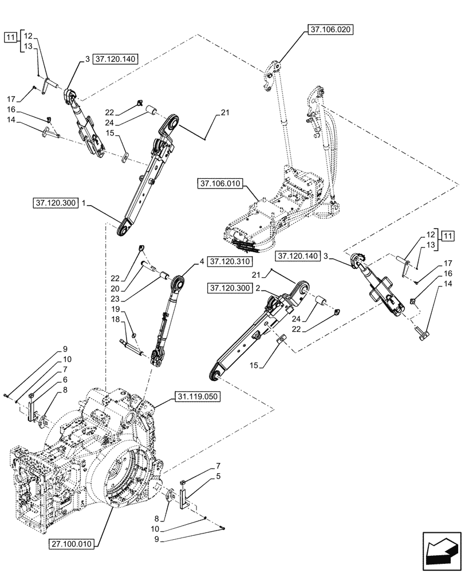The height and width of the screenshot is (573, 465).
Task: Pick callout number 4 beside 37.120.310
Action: [x=202, y=261]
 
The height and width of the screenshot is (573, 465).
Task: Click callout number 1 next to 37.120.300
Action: [x=84, y=203]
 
